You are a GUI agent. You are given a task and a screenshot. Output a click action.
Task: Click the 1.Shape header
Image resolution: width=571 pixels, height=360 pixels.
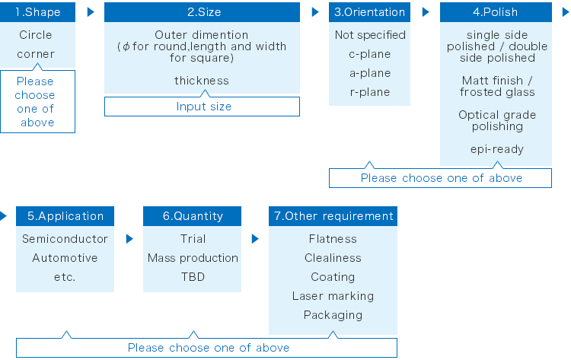tap(37, 12)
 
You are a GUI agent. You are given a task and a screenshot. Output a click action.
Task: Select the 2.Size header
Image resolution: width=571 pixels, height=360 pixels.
tap(202, 12)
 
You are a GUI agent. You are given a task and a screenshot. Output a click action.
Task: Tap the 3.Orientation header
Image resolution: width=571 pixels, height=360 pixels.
tap(369, 12)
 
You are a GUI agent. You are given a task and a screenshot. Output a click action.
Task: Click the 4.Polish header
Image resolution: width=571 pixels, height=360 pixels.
tap(496, 12)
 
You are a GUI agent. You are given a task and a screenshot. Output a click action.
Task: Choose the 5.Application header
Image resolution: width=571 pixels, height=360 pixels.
tap(65, 216)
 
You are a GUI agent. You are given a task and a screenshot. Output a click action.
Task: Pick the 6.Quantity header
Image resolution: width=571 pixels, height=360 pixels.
tap(193, 216)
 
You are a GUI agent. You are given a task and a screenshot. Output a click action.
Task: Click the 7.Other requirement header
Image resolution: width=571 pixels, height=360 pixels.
tap(333, 216)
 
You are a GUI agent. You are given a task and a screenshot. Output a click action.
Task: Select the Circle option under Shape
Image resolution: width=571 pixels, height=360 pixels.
tap(36, 35)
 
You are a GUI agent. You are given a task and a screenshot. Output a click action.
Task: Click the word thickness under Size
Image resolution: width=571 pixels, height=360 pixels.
tap(202, 81)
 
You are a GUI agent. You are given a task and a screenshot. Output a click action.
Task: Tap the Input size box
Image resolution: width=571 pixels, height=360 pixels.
tap(202, 107)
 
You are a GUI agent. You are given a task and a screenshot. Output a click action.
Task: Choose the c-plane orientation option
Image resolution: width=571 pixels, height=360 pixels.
tap(369, 54)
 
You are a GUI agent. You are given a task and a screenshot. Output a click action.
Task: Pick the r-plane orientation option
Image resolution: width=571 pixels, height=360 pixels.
tap(369, 92)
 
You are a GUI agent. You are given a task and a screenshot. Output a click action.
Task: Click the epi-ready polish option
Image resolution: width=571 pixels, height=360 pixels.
tap(497, 149)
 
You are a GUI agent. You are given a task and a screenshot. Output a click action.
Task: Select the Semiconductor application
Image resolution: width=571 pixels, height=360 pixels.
tap(65, 239)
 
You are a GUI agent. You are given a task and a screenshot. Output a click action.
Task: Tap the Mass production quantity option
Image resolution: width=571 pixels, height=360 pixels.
tap(193, 258)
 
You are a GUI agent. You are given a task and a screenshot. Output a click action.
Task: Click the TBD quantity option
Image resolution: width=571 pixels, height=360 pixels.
tap(193, 277)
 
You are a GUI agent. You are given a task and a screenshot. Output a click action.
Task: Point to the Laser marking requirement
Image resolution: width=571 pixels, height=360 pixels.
tap(333, 296)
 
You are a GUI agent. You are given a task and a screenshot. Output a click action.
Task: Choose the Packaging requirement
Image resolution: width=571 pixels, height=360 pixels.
tap(333, 315)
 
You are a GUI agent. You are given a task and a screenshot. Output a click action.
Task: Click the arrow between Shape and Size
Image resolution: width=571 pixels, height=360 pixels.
tap(91, 12)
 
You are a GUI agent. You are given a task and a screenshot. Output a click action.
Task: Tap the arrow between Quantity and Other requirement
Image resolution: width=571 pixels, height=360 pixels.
tap(255, 239)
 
